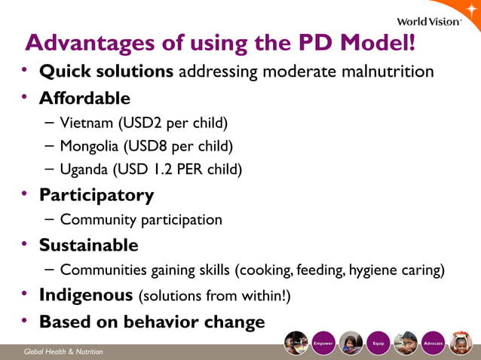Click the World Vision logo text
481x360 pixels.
tap(428, 21)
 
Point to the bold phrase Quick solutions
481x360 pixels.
tap(106, 72)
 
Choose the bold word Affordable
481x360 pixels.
tap(84, 98)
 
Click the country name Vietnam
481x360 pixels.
tap(87, 122)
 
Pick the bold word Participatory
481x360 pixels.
tap(97, 195)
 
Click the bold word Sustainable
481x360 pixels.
tap(88, 245)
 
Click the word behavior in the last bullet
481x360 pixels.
tap(161, 322)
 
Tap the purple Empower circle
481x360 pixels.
tap(323, 343)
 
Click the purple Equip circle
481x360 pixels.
tap(378, 343)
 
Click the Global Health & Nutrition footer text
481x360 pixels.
tap(63, 352)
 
